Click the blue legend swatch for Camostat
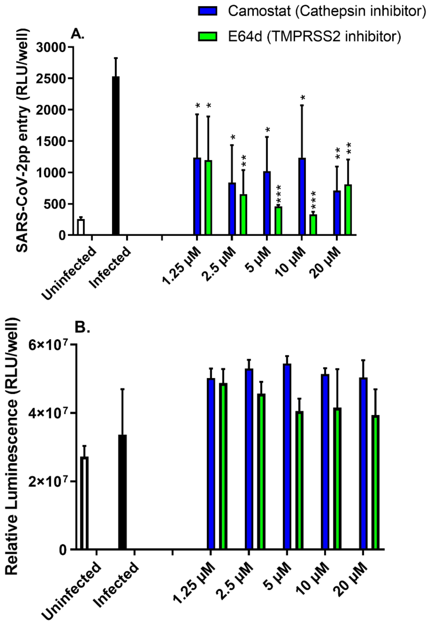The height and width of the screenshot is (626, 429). point(208,11)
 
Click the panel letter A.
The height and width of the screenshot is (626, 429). point(77,35)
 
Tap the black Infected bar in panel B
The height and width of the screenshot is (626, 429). point(122,492)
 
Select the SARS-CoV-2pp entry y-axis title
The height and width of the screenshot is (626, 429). point(23,140)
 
